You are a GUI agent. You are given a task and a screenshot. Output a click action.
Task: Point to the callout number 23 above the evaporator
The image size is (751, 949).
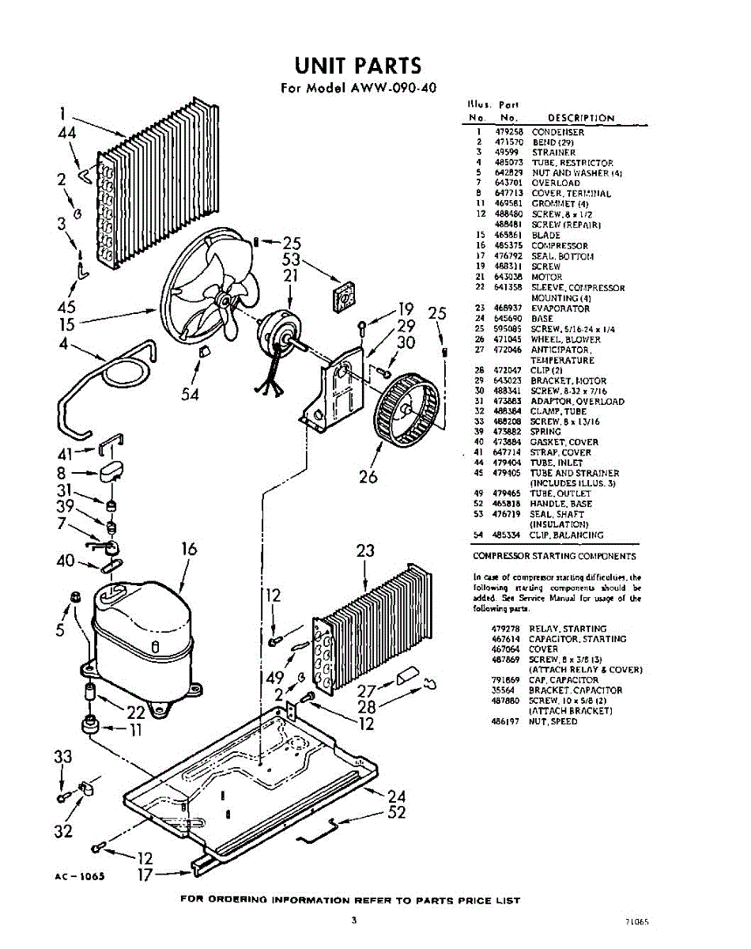pos(365,550)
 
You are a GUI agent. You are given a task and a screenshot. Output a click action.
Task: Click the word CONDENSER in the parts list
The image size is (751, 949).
pos(557,132)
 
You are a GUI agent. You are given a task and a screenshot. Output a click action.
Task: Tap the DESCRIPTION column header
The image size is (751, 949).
pos(580,118)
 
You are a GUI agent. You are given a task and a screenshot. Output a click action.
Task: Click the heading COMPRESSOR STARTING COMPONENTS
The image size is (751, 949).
pos(554,557)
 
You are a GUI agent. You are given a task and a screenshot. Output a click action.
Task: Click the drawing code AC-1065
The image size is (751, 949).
pos(81,876)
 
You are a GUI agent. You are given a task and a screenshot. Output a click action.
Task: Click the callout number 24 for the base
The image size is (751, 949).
pos(397,796)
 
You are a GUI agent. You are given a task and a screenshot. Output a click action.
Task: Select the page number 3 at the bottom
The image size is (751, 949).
pos(356,920)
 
